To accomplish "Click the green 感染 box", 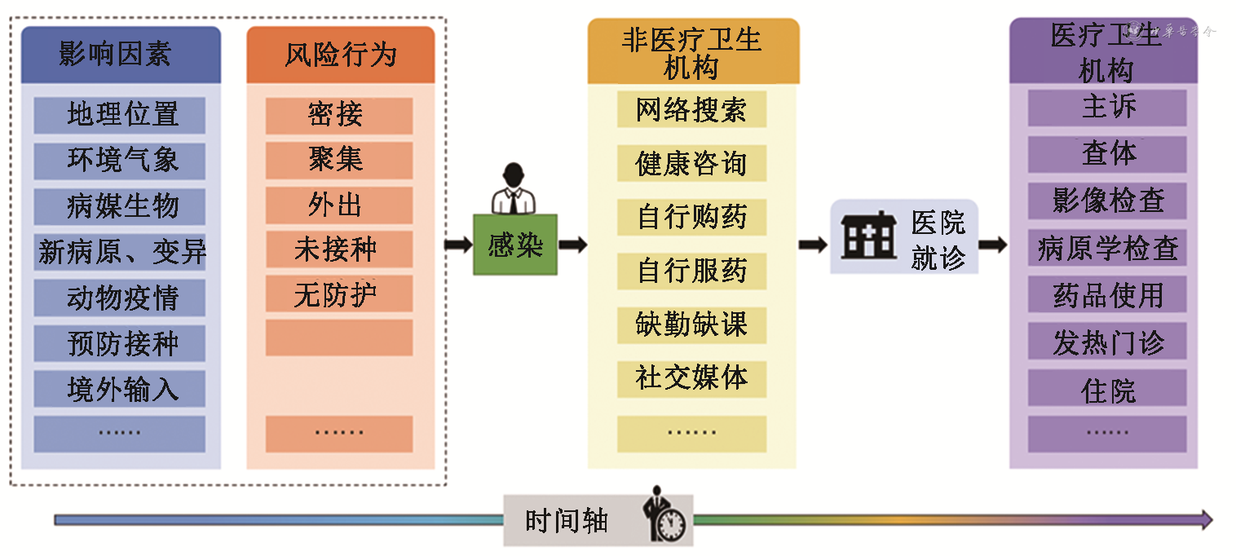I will tap(514, 245).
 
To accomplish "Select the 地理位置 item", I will tap(120, 115).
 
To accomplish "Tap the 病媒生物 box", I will tap(120, 206).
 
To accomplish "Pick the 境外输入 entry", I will tap(120, 389).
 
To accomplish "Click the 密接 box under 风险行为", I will tap(338, 115).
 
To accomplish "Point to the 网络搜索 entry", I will tap(691, 110).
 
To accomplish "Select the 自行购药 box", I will tap(691, 218).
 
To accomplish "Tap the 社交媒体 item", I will tap(691, 377).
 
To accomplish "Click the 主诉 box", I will tap(1107, 108).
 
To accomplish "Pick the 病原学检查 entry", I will tap(1107, 248).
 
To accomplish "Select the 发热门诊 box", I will tap(1107, 342).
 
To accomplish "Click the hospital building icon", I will tap(867, 236).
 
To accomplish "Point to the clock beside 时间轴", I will tap(670, 525).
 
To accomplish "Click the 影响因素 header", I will tap(120, 55).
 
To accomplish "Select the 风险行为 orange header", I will tap(340, 55).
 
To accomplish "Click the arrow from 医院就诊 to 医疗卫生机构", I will tap(993, 245).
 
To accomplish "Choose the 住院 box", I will tap(1107, 390).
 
